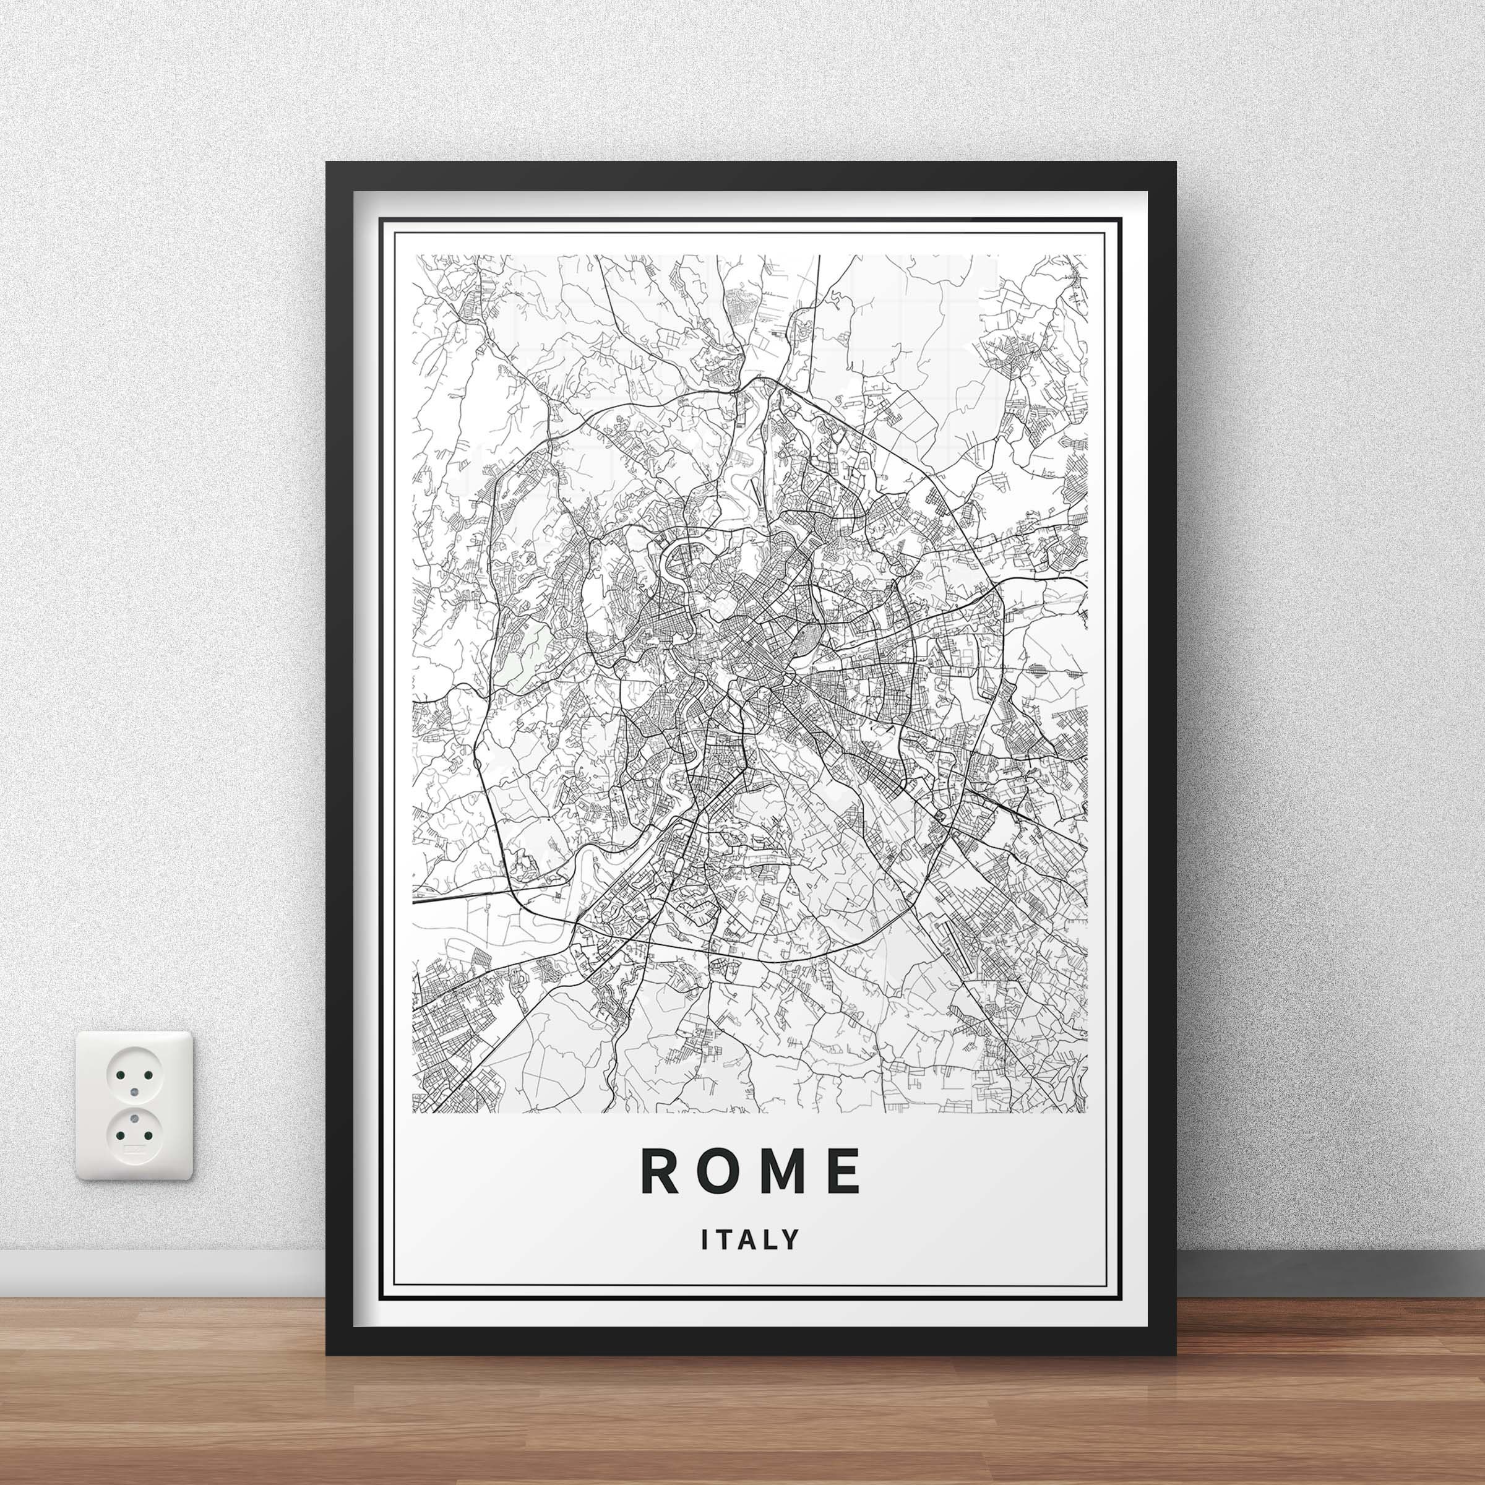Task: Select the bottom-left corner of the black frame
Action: pyautogui.click(x=327, y=1354)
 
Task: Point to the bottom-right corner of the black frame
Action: pyautogui.click(x=1176, y=1354)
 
